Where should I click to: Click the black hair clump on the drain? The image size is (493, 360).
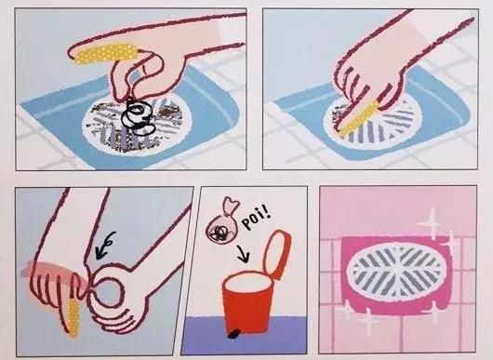click(x=139, y=116)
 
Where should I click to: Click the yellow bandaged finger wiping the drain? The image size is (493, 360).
click(x=358, y=117)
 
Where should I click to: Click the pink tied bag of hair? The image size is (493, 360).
click(x=222, y=224)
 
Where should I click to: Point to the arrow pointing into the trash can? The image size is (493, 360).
click(x=244, y=253)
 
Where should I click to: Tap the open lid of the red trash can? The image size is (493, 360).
click(x=277, y=254)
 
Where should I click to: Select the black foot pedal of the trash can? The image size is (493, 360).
click(x=233, y=335)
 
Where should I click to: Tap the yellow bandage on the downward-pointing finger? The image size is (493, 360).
click(x=73, y=317)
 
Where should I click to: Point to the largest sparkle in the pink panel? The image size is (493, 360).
click(x=432, y=223)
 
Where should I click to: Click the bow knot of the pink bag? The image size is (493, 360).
click(x=231, y=206)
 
